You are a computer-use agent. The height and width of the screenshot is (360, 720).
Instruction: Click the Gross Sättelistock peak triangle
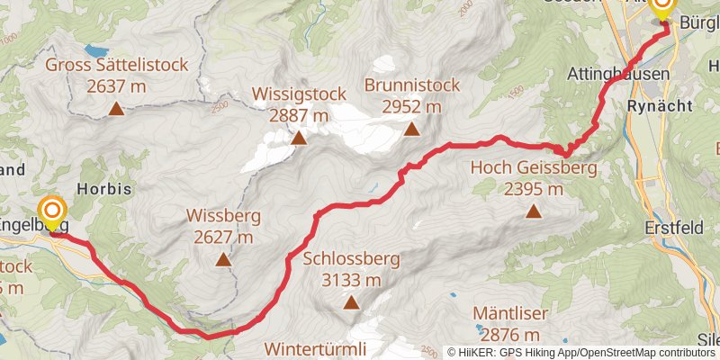(x=115, y=110)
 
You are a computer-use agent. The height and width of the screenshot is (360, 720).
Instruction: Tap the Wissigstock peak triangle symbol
(x=299, y=138)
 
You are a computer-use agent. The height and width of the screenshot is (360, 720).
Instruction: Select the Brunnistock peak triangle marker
(x=411, y=130)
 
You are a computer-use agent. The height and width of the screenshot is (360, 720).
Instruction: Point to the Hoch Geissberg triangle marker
(x=534, y=212)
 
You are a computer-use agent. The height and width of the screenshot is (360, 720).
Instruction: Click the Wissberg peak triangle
(x=223, y=260)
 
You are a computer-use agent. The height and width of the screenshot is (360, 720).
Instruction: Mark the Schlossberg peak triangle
(x=350, y=303)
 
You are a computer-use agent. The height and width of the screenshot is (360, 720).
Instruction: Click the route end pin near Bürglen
(x=662, y=9)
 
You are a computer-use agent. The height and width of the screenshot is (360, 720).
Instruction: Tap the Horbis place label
(x=104, y=190)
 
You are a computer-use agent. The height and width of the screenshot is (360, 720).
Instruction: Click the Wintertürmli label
(x=316, y=347)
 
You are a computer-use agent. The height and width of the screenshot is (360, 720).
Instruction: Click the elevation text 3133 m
(x=351, y=280)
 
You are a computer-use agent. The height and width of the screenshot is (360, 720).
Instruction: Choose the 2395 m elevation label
(x=533, y=189)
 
